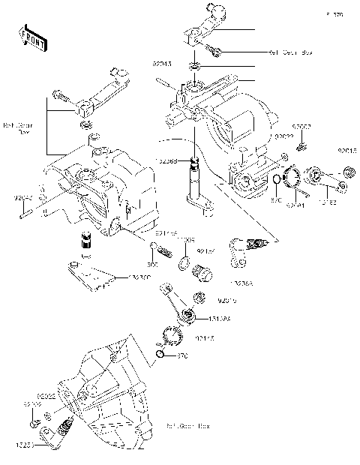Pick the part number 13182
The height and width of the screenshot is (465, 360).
[330, 202]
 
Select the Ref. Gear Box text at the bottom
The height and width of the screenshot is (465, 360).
[188, 425]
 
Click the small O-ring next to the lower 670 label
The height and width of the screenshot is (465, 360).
[161, 354]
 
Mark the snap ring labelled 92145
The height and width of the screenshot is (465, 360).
[172, 335]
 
